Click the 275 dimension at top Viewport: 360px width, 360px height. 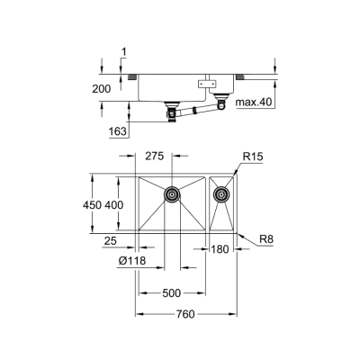155,157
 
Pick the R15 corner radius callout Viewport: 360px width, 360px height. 253,157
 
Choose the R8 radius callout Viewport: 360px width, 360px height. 265,238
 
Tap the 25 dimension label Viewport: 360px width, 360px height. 112,242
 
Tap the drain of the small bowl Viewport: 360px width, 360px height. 220,192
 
